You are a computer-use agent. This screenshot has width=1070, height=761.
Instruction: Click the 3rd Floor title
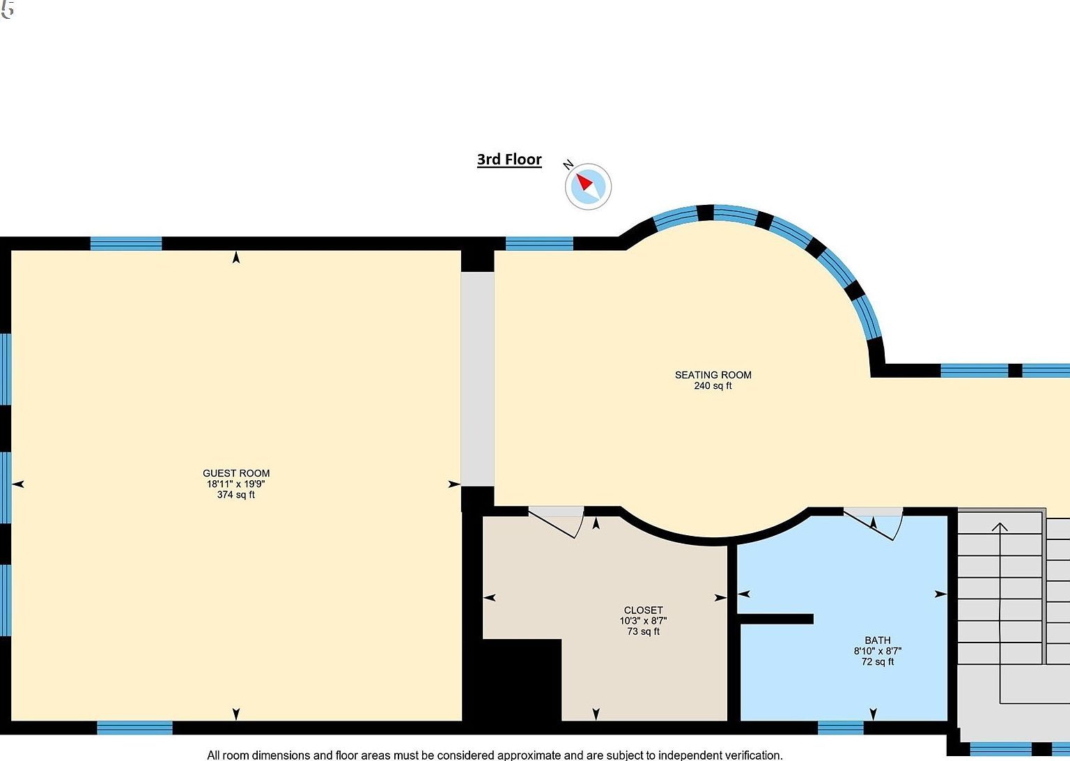[509, 160]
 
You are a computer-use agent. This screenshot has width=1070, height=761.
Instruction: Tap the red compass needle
[584, 183]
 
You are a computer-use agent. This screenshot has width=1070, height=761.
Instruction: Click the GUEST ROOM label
[236, 473]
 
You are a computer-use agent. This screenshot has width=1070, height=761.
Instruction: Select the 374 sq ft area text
[236, 495]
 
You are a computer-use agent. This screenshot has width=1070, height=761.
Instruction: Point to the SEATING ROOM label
[713, 375]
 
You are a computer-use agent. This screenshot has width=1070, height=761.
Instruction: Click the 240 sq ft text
[713, 386]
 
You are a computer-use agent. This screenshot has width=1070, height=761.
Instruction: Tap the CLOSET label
[643, 610]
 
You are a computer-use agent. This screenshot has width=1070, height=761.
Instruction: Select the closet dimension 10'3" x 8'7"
[643, 621]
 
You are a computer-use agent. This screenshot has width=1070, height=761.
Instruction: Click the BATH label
[877, 640]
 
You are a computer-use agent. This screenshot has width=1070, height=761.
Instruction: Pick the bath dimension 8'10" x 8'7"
[877, 651]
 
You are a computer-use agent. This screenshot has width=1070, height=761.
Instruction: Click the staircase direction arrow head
[1000, 527]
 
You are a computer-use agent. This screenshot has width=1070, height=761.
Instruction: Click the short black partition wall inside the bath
[775, 619]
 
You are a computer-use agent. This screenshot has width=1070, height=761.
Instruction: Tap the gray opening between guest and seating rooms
[478, 379]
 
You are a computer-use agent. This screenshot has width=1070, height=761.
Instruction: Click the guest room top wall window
[126, 243]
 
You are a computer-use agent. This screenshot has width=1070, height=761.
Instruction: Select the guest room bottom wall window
[134, 728]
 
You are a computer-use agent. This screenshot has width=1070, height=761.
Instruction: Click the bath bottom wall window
[840, 728]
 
